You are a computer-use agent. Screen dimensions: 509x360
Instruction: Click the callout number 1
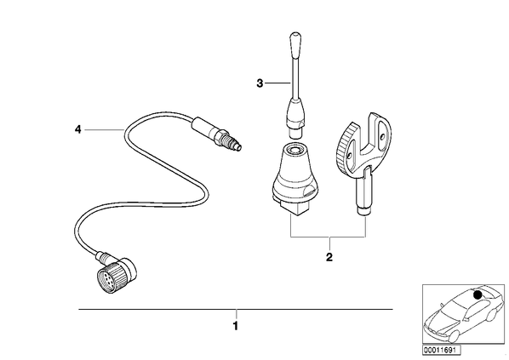[x=236, y=325]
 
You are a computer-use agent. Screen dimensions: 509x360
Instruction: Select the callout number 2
[x=329, y=257]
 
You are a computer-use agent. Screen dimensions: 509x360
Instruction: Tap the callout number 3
[x=260, y=83]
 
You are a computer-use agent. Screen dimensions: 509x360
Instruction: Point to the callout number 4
[x=78, y=130]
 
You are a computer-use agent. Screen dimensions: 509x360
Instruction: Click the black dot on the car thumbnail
[x=478, y=294]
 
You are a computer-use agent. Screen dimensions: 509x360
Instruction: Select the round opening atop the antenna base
[x=295, y=150]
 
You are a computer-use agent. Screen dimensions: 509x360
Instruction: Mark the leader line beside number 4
[x=105, y=130]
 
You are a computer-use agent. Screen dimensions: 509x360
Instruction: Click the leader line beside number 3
[x=277, y=83]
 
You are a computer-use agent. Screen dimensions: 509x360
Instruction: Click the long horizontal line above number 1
[x=236, y=309]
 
